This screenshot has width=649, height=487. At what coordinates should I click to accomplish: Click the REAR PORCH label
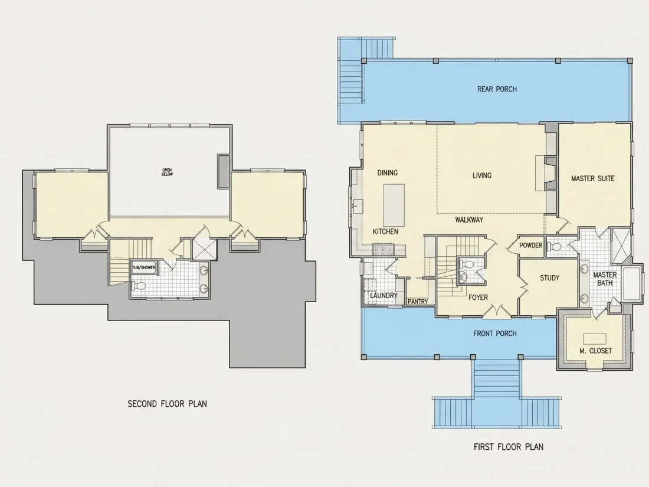(497, 89)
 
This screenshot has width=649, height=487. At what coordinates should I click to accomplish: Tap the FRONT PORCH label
(495, 334)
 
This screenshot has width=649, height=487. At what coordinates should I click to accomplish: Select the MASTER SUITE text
(593, 178)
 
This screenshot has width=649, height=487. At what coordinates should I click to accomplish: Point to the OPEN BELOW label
(167, 172)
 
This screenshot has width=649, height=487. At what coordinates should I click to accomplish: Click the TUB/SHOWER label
(143, 267)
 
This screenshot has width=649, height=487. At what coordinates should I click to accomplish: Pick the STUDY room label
(550, 278)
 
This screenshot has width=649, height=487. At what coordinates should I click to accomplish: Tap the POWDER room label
(530, 246)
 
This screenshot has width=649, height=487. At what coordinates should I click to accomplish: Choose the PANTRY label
(418, 302)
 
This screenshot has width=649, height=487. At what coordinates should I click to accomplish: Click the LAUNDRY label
(383, 295)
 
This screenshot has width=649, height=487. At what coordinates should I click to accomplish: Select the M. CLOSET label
(595, 351)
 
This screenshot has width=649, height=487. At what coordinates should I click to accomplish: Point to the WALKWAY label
(469, 220)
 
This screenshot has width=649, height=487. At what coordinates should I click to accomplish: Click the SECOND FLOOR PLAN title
(167, 404)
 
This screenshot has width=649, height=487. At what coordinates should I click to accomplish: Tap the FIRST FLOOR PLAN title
(509, 447)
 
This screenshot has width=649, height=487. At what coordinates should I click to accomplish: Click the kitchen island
(394, 205)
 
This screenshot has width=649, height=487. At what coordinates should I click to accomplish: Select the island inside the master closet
(595, 339)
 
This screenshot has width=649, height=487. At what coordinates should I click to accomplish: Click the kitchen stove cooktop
(383, 250)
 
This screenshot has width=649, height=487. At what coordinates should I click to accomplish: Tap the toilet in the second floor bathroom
(139, 286)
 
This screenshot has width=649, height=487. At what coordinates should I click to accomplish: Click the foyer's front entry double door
(496, 310)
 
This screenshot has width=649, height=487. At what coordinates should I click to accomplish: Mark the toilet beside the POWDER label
(554, 247)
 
